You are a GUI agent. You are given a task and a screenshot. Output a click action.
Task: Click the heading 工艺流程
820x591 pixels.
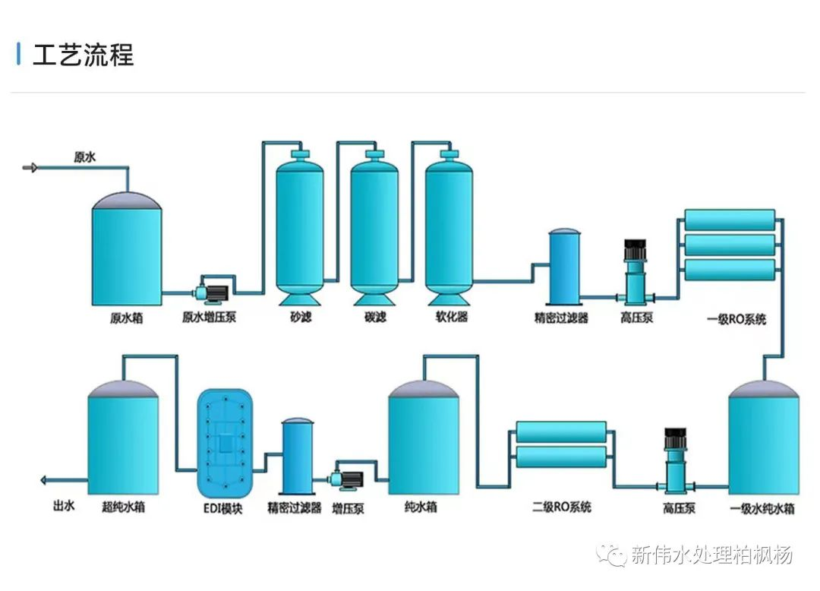pos(83,55)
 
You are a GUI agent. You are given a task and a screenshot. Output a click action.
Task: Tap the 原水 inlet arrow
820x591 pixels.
pos(30,167)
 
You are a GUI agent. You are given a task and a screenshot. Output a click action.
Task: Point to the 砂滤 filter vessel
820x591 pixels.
pos(299,224)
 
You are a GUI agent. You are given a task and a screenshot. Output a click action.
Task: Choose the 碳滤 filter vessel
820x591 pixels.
pos(374,224)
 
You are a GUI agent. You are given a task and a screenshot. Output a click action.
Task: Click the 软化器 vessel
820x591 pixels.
pos(449,224)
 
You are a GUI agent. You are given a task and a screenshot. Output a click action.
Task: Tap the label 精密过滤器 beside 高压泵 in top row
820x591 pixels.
pos(561,318)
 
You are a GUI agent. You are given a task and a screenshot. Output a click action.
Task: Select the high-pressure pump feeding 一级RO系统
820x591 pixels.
pos(634,273)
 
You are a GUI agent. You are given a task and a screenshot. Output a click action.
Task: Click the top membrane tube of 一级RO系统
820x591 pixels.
pos(730,220)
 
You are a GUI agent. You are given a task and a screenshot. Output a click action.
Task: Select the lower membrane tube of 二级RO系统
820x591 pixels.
pos(561,457)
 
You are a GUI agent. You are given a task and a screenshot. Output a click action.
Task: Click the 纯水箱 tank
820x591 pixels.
pos(424,441)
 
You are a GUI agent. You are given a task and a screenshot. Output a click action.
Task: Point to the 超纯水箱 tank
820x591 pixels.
pos(123,441)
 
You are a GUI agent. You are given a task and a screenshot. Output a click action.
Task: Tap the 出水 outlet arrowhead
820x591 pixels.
pos(44,479)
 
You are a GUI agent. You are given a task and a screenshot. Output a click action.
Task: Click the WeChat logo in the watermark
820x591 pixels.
pos(610,555)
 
